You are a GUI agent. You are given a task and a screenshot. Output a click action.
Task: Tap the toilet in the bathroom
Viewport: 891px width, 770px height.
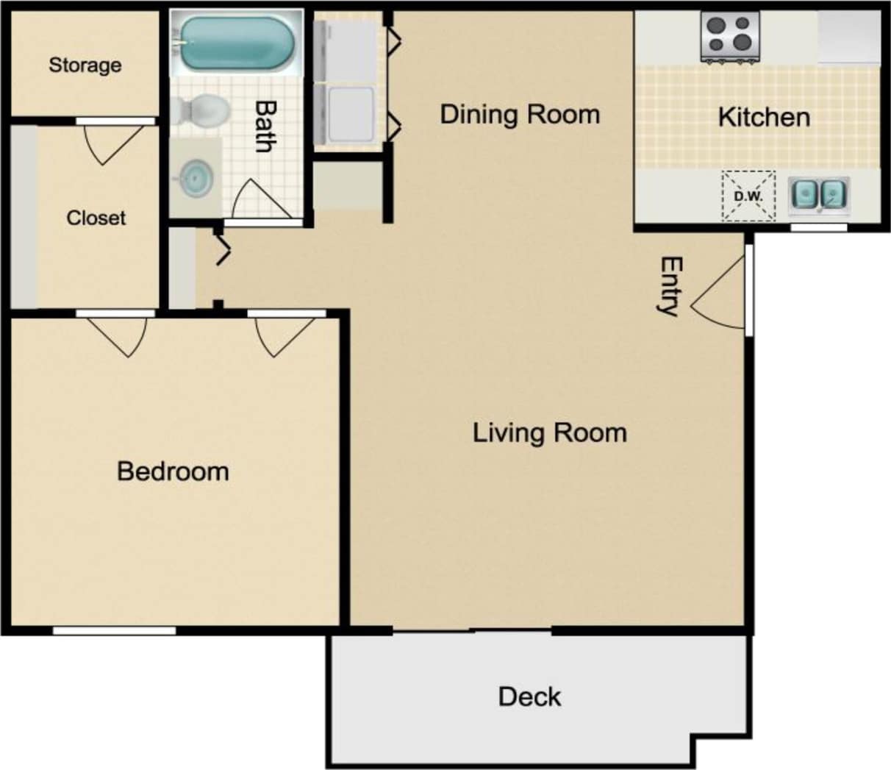click(x=201, y=111)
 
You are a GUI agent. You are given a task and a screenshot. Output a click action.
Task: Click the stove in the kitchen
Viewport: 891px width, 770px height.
click(x=730, y=36)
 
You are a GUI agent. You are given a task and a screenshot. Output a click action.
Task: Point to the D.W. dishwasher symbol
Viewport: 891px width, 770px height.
click(x=748, y=196)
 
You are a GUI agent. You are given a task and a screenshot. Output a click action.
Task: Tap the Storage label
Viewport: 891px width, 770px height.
click(x=85, y=65)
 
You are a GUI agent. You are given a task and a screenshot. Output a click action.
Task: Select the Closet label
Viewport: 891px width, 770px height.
click(x=96, y=218)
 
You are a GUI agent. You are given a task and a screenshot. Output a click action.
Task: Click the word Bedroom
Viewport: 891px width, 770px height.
click(x=173, y=471)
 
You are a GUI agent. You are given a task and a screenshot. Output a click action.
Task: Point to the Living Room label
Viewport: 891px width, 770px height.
click(x=549, y=432)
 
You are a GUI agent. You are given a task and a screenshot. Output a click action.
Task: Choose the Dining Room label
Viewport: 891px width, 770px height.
click(x=520, y=114)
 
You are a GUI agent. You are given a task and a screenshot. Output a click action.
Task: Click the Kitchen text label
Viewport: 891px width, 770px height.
click(x=764, y=117)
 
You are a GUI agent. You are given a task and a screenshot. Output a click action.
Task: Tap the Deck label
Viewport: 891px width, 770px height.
click(x=529, y=696)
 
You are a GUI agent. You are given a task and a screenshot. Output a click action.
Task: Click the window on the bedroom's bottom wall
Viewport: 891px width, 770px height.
click(x=114, y=630)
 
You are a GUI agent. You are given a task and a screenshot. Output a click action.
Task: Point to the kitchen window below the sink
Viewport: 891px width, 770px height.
click(x=818, y=227)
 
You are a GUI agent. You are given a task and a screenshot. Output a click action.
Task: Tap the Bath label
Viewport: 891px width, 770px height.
click(x=265, y=126)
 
